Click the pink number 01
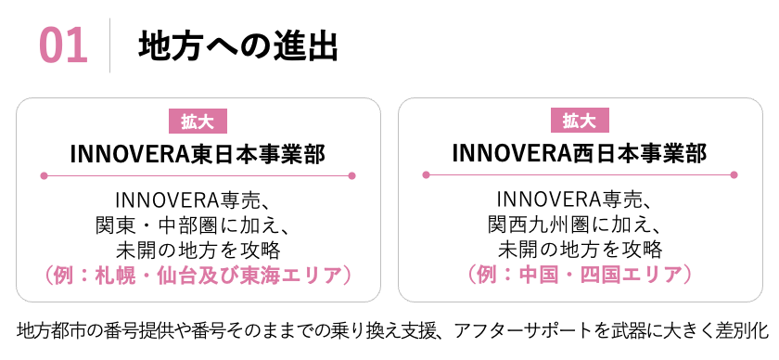click(64, 45)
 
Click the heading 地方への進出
click(236, 45)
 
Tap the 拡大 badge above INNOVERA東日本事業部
click(198, 122)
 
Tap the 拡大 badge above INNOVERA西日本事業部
click(580, 122)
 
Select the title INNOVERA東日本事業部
click(198, 151)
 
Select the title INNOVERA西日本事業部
click(580, 151)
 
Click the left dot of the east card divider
click(44, 175)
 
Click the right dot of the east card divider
click(352, 175)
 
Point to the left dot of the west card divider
click(426, 174)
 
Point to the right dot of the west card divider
click(734, 174)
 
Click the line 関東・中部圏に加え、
click(198, 225)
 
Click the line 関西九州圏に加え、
click(580, 225)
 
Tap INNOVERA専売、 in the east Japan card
click(198, 199)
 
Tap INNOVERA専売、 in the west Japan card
click(580, 199)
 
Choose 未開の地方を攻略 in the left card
click(198, 250)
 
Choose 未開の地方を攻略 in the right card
click(580, 250)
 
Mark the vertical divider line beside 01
click(110, 45)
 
